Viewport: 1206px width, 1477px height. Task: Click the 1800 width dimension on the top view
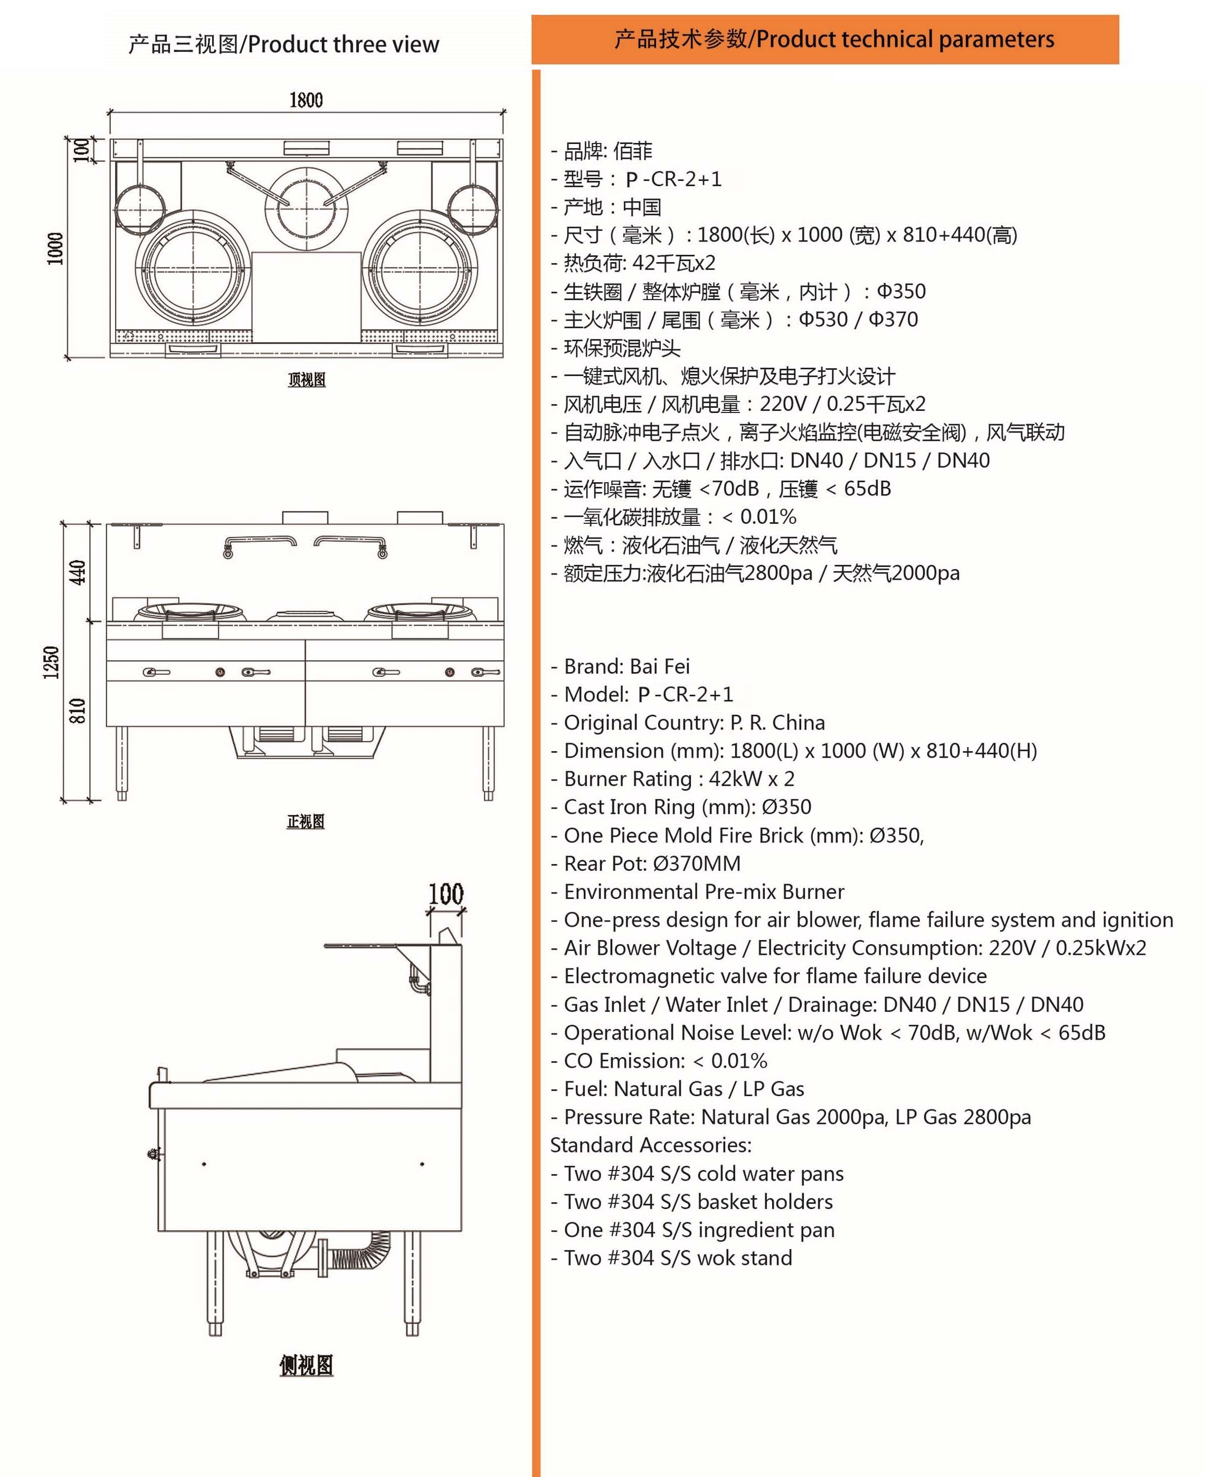coord(306,101)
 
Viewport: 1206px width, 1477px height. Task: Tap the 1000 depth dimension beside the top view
coord(55,248)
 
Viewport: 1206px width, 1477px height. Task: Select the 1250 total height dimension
coord(51,662)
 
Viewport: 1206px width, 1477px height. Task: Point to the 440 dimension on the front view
coord(78,572)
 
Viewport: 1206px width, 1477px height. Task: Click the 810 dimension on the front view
coord(78,711)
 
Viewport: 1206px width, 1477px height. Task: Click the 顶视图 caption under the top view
coord(306,380)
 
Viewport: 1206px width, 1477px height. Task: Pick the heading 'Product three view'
coord(343,44)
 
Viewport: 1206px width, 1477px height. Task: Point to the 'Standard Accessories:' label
coord(651,1145)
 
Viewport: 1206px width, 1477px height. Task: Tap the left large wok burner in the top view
coord(191,268)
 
